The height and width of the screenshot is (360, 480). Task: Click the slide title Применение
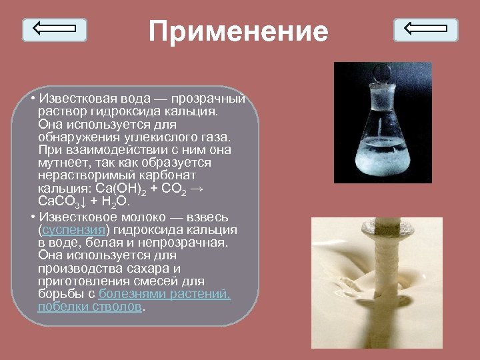tap(239, 31)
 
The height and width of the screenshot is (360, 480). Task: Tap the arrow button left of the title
tap(55, 29)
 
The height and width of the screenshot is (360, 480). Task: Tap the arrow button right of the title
tap(425, 29)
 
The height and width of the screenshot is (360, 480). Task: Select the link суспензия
tap(74, 230)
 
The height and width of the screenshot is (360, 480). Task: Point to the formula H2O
tap(114, 201)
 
